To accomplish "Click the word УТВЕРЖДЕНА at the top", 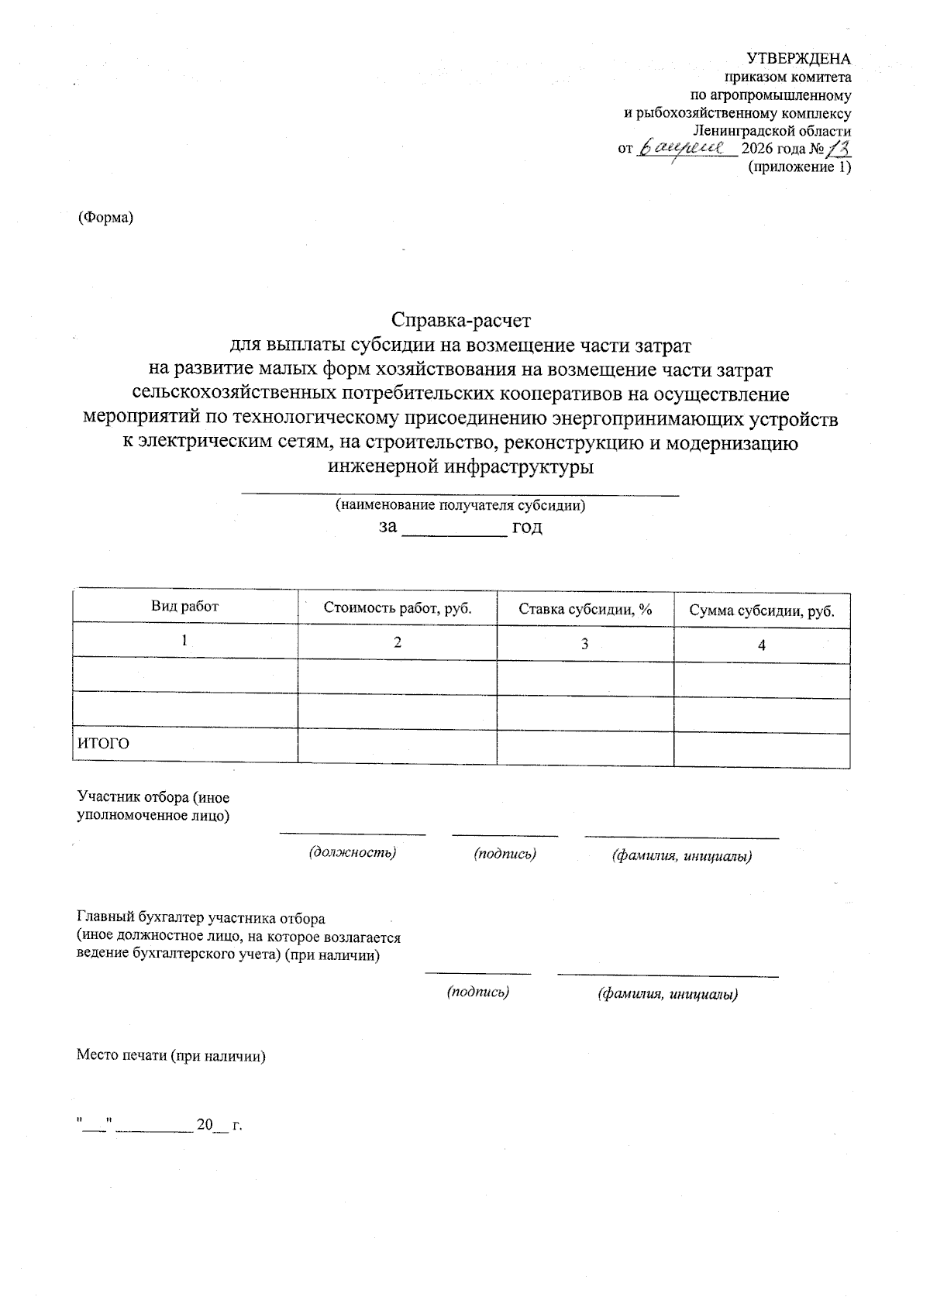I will pos(798,59).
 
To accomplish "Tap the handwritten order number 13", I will pos(839,147).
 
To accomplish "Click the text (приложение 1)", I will pos(798,167).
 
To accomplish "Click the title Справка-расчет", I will pos(461,319).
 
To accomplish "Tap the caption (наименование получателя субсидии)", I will pos(460,506).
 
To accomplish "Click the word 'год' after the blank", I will pos(527,528).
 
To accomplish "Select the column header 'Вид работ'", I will pos(184,607).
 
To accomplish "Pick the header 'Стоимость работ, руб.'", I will pos(398,608).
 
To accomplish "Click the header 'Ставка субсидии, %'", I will pos(585,610).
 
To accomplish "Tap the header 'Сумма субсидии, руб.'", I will pos(762,611).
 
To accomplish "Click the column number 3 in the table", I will pos(585,644).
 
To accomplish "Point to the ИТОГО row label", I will pos(103,744).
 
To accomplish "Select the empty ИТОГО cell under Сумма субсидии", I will pos(762,750).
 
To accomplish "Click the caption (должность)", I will pos(353,852).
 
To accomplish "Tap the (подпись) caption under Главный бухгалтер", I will pos(478,992).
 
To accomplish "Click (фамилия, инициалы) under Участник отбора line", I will pos(682,856).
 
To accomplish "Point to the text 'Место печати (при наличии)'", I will pos(171,1056).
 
